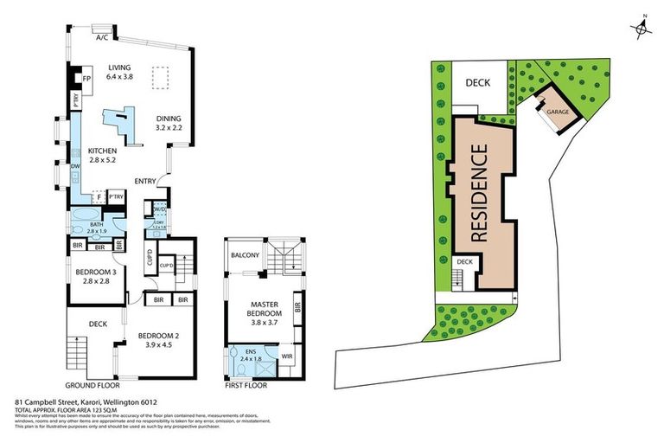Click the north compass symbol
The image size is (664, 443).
pos(642,30)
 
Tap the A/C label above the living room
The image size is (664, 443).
pos(101,37)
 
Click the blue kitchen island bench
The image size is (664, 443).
pos(122,121)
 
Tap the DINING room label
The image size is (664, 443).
pos(169,119)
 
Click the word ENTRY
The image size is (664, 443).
pos(144,181)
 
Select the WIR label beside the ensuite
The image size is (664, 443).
pos(286,356)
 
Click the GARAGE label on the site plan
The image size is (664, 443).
pos(554,111)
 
